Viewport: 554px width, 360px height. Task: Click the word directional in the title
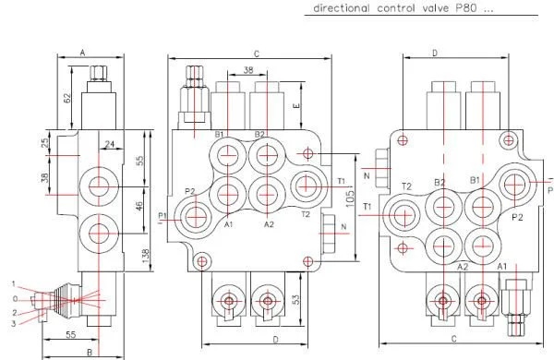click(x=341, y=8)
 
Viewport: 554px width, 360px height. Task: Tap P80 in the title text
click(x=465, y=8)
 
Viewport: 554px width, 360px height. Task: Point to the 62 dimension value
click(x=66, y=98)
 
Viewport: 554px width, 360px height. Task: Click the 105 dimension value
click(x=349, y=198)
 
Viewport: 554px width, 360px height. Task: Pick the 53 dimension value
click(x=296, y=299)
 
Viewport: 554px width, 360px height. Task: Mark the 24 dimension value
click(x=110, y=144)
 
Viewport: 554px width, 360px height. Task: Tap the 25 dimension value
click(x=45, y=143)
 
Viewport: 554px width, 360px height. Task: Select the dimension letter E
click(x=296, y=105)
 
